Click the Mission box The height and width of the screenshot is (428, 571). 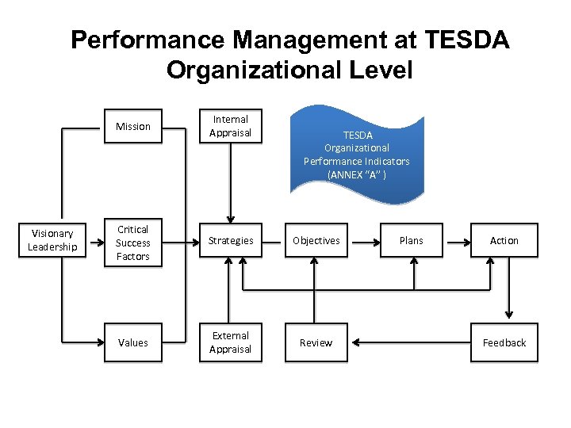click(132, 127)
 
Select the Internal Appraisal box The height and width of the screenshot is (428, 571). click(230, 127)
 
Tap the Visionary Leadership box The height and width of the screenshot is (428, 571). click(52, 240)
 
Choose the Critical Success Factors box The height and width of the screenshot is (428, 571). click(132, 243)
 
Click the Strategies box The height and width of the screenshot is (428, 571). click(230, 241)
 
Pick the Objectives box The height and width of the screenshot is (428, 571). click(316, 241)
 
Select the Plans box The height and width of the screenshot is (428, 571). click(411, 241)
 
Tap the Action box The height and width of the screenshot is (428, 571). click(504, 241)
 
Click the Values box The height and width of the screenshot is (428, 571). click(132, 343)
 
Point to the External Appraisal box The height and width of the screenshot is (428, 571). click(230, 342)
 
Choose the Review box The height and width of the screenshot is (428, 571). click(316, 343)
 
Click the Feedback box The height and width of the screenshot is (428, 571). click(504, 343)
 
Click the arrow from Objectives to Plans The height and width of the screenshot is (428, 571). click(363, 241)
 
